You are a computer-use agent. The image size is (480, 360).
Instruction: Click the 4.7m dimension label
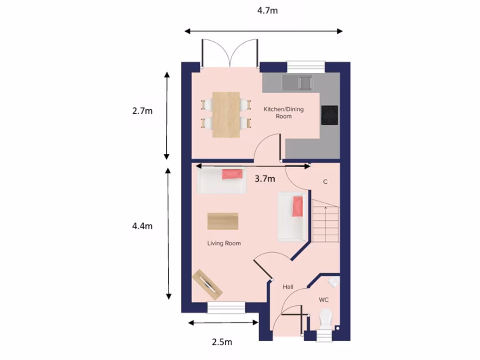point(267,10)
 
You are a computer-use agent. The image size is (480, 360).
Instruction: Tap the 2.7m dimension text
point(142,111)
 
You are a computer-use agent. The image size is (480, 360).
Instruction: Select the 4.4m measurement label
point(142,226)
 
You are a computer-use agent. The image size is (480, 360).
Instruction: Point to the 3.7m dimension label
point(265,179)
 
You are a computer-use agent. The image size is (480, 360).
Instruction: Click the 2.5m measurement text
point(222,342)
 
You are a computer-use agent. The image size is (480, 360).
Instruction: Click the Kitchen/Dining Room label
point(284,112)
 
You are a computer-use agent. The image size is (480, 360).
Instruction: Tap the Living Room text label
point(224,243)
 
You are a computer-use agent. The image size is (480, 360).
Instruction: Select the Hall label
point(288,286)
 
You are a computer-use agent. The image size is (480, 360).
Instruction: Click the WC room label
point(324,299)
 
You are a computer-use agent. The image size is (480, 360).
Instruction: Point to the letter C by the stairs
point(325,182)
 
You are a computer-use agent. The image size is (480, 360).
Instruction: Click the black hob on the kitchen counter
point(330,115)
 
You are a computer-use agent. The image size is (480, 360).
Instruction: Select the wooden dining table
point(226,114)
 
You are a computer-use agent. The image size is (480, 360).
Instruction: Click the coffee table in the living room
point(223,221)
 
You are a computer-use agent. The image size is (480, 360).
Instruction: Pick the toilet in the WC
point(325,319)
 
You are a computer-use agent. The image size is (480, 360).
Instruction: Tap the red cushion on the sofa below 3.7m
point(232,174)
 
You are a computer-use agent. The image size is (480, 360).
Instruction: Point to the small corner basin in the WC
point(333,282)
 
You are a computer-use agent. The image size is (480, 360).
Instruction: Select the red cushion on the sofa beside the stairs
point(297,207)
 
